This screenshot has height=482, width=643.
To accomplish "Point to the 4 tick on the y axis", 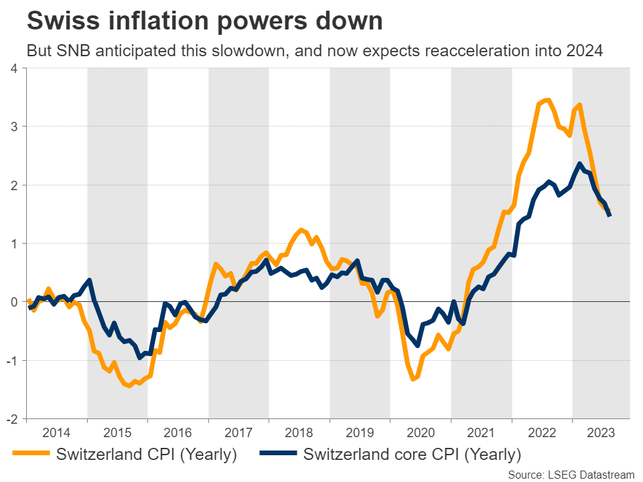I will click(13, 68).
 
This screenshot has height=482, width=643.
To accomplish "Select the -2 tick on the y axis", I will click(11, 419).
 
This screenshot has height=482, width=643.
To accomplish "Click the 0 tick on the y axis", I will click(13, 302).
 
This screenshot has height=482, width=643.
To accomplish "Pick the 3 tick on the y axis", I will click(13, 127).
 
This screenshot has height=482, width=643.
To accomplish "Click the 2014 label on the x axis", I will click(56, 432).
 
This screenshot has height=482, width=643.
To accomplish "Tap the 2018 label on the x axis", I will click(299, 432).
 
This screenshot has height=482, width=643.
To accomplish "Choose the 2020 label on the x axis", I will click(420, 432).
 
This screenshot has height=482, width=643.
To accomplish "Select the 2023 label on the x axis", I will click(601, 432).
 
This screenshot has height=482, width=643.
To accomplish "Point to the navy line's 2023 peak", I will click(579, 164).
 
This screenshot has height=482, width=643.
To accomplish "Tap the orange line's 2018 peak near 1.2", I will click(301, 230).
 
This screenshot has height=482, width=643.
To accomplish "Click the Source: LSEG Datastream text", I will click(570, 475).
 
